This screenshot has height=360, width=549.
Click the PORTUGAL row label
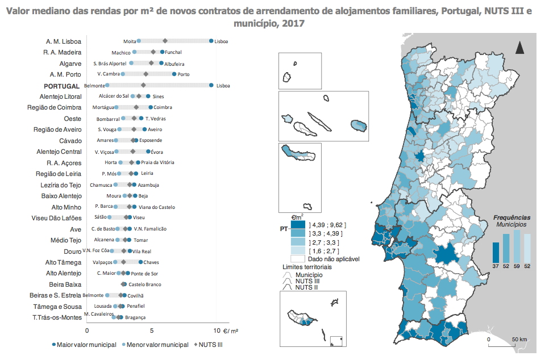pos(61,86)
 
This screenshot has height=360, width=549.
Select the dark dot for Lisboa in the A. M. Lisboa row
pos(211,41)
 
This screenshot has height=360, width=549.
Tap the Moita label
pos(130,41)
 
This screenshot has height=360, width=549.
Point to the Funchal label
pos(173,52)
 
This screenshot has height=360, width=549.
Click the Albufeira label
pos(174,64)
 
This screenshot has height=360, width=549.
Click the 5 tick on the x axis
pos(152,330)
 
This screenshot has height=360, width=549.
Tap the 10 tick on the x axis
pos(217,330)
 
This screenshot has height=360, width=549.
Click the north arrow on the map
pos(519,48)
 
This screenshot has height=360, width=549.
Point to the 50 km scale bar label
pos(519,340)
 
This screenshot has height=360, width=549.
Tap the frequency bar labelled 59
pos(517,245)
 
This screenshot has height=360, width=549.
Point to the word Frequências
pos(511,217)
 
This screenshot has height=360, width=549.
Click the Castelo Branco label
pos(145,284)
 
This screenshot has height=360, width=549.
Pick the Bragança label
pos(135,317)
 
